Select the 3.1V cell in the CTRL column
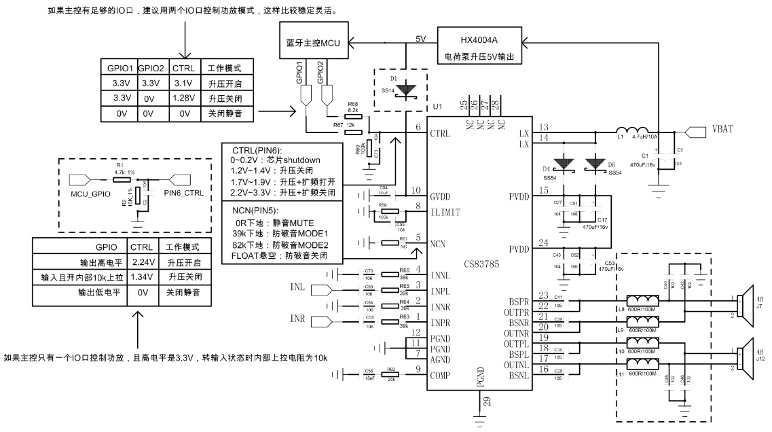pyautogui.click(x=183, y=83)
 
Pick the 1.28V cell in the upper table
pyautogui.click(x=183, y=98)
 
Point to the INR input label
pyautogui.click(x=298, y=318)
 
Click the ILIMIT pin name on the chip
pyautogui.click(x=445, y=212)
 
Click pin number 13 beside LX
pyautogui.click(x=543, y=127)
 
